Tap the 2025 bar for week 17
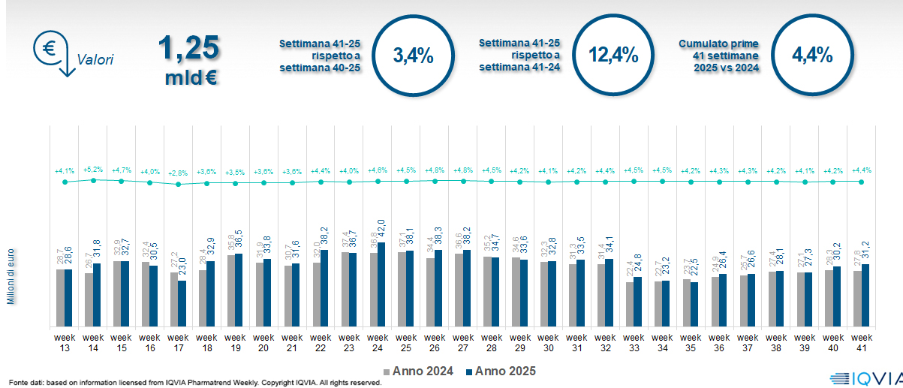click(x=182, y=303)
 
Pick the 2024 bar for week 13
click(x=60, y=297)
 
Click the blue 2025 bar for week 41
click(x=867, y=295)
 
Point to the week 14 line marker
click(x=93, y=180)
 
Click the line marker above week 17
click(x=178, y=184)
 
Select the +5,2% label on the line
click(x=93, y=170)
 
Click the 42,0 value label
click(x=382, y=227)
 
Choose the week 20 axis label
click(x=263, y=342)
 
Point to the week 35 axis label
click(x=691, y=342)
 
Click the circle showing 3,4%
click(x=413, y=56)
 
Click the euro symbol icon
click(x=49, y=50)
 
